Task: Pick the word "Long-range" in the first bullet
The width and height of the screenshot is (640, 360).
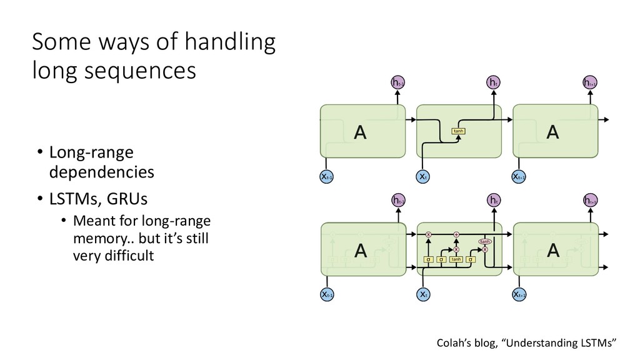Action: click(x=86, y=152)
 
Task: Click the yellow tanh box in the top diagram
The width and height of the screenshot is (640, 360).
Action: click(x=459, y=131)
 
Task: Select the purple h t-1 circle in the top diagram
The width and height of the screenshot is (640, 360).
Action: click(x=397, y=83)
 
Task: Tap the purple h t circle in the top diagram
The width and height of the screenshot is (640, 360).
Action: click(x=493, y=83)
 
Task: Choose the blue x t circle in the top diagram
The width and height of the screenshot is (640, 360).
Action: click(x=423, y=177)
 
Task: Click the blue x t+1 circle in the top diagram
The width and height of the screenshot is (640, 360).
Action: click(x=519, y=177)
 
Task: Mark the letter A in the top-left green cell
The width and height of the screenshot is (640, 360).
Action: click(x=360, y=132)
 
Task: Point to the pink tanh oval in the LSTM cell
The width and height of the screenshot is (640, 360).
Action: click(x=484, y=241)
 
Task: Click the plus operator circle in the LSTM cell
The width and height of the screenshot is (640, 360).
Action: click(x=456, y=234)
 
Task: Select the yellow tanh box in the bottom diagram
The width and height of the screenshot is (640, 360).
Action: click(x=456, y=259)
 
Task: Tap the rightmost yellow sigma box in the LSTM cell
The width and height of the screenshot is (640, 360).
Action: click(x=470, y=259)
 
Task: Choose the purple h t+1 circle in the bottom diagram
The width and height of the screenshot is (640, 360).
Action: click(x=589, y=200)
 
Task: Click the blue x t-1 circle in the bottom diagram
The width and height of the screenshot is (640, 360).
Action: click(x=327, y=294)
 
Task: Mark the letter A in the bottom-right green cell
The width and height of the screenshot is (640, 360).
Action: click(x=552, y=251)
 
